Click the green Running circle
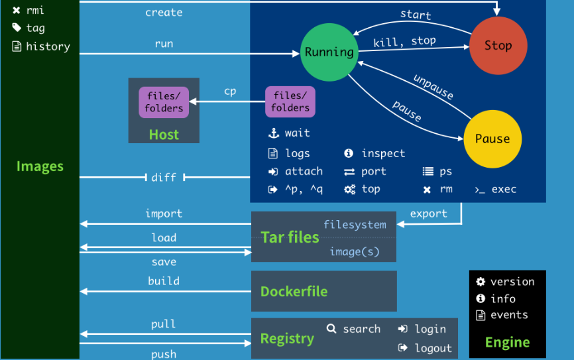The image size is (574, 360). click(x=329, y=52)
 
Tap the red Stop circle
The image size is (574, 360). click(x=498, y=46)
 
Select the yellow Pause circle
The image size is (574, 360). click(x=492, y=139)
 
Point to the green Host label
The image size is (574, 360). click(x=164, y=135)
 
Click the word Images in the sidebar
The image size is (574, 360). click(x=40, y=166)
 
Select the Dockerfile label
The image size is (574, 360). click(x=294, y=292)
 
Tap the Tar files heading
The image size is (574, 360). click(x=290, y=237)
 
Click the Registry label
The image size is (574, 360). click(x=287, y=339)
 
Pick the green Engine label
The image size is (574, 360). click(x=507, y=342)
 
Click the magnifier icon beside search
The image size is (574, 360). click(x=331, y=328)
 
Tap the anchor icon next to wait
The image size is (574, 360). click(x=273, y=133)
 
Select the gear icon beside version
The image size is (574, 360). click(x=481, y=282)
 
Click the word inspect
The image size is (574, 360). click(x=383, y=153)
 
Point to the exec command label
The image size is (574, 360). click(x=504, y=190)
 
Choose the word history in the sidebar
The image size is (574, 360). click(x=48, y=46)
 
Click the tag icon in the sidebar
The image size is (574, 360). click(x=17, y=28)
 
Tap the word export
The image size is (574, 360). click(x=428, y=213)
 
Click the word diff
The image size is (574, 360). click(x=164, y=177)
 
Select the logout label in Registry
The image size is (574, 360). click(x=433, y=347)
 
